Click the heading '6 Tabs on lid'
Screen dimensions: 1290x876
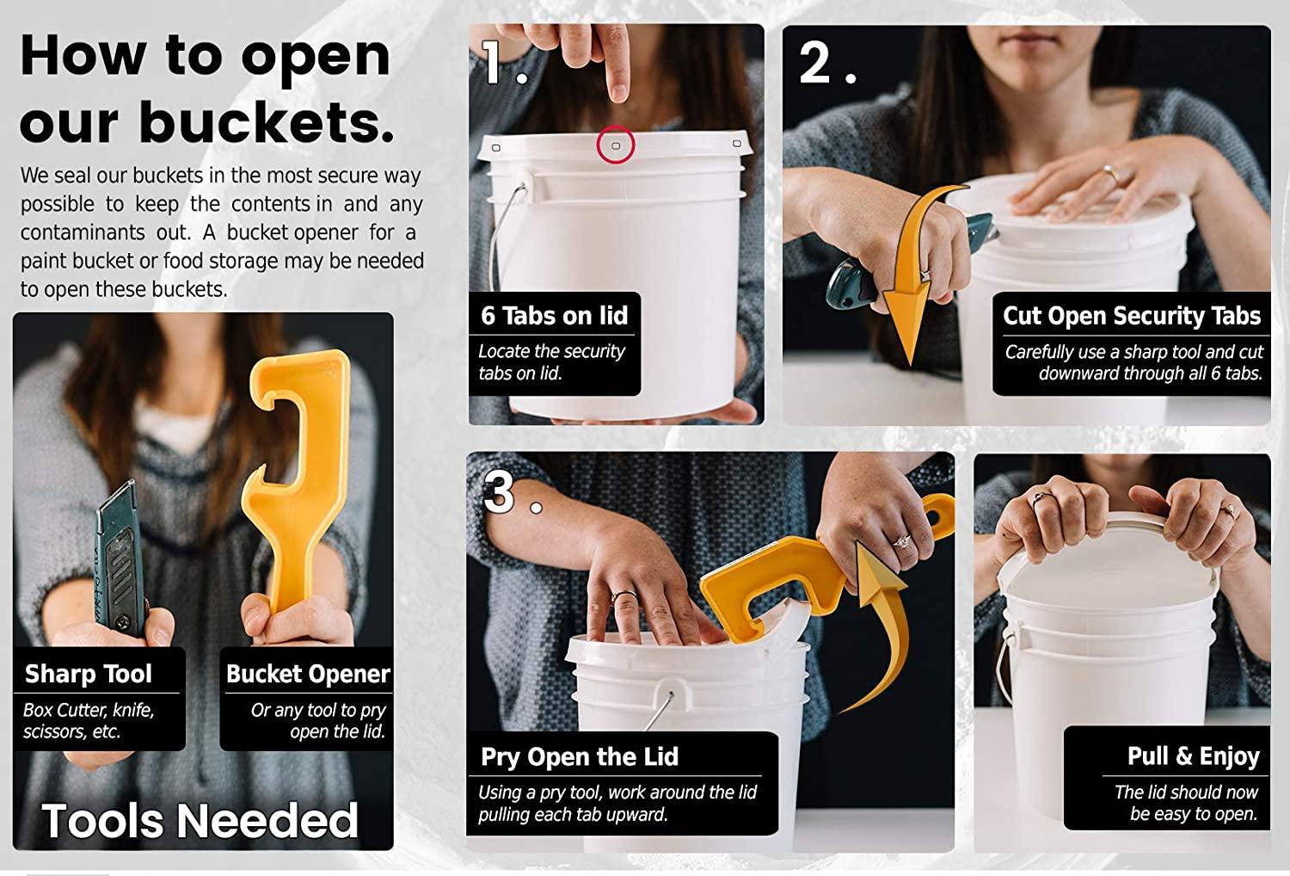pos(554,315)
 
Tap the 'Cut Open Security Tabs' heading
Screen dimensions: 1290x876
pos(1132,316)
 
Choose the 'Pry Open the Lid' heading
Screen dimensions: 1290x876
pos(580,756)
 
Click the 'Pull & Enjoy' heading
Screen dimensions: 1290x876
pos(1194,756)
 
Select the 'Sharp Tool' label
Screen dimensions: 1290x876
pos(88,674)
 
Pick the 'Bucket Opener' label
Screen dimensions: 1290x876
pos(308,674)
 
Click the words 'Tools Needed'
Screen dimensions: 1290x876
pos(200,820)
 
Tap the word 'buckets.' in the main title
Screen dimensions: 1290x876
pos(267,122)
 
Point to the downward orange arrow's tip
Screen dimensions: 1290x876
pos(910,364)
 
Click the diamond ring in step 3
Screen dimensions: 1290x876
pos(901,542)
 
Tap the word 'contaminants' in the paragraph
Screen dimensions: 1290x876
pos(83,232)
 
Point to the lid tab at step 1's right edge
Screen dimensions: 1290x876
pos(736,143)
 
